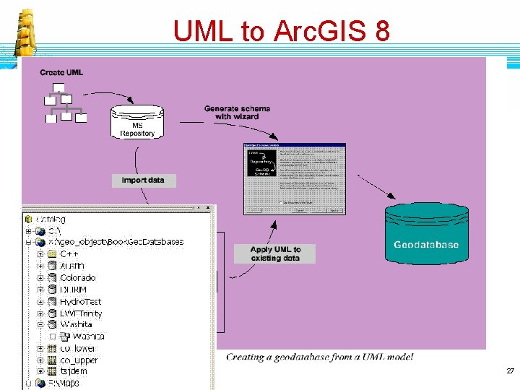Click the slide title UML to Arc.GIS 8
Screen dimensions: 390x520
tap(281, 31)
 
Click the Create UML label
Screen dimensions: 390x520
tap(61, 72)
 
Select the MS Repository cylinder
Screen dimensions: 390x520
tap(137, 122)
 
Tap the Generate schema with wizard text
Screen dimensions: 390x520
tap(237, 112)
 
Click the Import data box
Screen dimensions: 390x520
tap(143, 180)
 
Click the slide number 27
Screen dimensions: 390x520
tap(510, 371)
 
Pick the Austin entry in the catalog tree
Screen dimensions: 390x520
tap(72, 266)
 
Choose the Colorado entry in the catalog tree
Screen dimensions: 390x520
tap(77, 278)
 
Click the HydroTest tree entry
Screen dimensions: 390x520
tap(80, 302)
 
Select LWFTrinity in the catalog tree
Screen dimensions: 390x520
tap(81, 313)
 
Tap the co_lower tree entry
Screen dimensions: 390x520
tap(78, 349)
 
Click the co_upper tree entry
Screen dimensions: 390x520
tap(79, 360)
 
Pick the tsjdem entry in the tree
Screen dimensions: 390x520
tap(74, 372)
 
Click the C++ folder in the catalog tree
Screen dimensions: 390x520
tap(69, 254)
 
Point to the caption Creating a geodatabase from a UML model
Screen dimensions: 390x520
tap(319, 357)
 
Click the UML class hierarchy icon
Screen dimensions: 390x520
tap(66, 106)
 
